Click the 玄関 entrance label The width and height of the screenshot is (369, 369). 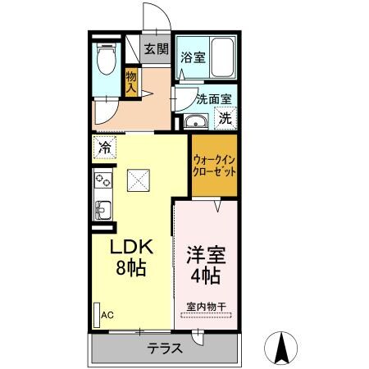click(x=156, y=49)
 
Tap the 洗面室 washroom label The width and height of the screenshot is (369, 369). click(x=214, y=99)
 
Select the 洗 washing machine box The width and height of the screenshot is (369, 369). click(x=224, y=117)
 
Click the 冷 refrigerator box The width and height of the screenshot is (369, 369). click(x=105, y=148)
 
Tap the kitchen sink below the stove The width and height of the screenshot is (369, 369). click(x=103, y=208)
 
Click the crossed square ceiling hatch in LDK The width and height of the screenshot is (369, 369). click(x=141, y=178)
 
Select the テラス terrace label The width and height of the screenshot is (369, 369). click(x=165, y=348)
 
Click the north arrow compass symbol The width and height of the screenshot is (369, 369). click(x=283, y=348)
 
